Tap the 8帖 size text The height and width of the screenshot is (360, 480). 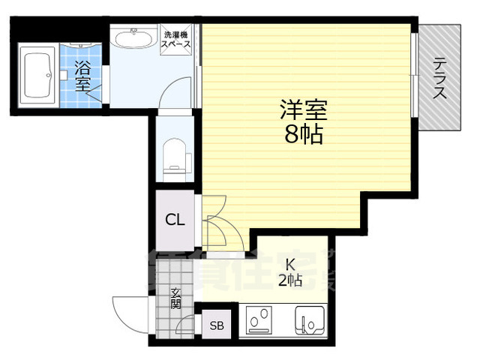coord(303,136)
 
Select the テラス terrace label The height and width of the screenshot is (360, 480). coord(440,77)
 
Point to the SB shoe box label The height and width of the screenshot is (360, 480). coord(217,325)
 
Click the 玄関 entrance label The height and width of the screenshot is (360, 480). coord(175,298)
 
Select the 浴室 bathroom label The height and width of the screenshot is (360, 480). coord(83,74)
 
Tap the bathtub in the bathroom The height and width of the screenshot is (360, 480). coord(36,76)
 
